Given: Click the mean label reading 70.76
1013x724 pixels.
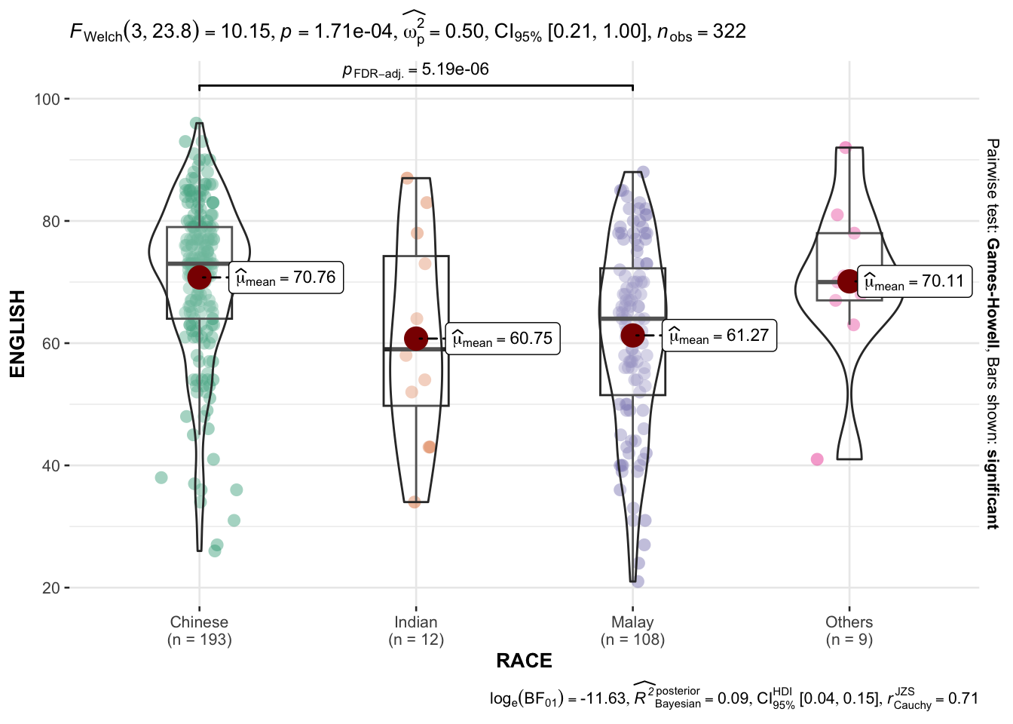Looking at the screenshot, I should [x=286, y=278].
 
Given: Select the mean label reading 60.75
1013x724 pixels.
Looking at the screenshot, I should [x=503, y=339].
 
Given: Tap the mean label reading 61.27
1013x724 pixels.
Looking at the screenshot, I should [x=719, y=336].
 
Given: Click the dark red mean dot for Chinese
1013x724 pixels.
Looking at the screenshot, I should [x=199, y=278].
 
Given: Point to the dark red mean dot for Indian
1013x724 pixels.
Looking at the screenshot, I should [x=416, y=339].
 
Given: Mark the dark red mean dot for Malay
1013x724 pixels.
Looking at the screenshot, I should [x=632, y=336].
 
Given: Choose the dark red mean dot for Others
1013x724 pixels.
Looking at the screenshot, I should [x=849, y=281].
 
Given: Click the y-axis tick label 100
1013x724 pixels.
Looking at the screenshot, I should [x=47, y=99].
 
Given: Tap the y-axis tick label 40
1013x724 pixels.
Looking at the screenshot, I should [x=51, y=465].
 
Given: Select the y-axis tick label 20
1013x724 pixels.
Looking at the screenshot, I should [x=51, y=587].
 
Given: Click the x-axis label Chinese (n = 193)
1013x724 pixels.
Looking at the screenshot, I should [x=199, y=630].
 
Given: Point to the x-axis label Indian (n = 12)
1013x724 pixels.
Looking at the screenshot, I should [x=416, y=630].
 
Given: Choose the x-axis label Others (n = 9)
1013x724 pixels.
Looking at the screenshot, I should [x=849, y=630].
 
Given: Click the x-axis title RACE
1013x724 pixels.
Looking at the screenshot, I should [x=524, y=661].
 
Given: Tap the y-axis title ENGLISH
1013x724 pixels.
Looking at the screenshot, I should [x=17, y=333].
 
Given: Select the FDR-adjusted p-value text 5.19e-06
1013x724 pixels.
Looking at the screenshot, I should [x=455, y=69].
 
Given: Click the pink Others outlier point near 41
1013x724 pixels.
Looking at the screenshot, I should [x=817, y=459].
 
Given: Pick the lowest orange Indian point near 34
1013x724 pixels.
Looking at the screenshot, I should [x=415, y=502].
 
